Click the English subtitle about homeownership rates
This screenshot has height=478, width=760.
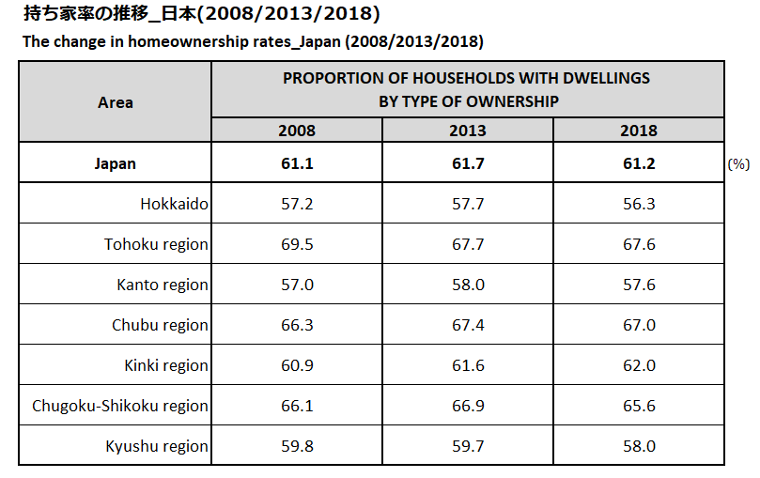coord(253,42)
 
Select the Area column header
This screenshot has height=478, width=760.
coord(116,102)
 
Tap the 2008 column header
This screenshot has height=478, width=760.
coord(297,131)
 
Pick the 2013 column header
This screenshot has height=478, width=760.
coord(468,131)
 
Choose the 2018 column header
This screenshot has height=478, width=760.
coord(639,131)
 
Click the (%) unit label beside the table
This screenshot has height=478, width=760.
coord(738,164)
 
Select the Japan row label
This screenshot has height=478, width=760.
coord(116,163)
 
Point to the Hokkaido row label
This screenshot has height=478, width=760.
coord(174,204)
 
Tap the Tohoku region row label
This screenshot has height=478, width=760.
coord(156,244)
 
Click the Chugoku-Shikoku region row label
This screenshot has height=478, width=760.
coord(120,406)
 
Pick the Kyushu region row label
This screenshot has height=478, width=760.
coord(157,446)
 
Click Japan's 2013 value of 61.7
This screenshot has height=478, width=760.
coord(468,163)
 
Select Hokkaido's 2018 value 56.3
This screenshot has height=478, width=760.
coord(639,204)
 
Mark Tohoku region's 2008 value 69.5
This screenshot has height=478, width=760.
coord(297,244)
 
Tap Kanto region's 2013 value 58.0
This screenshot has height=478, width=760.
coord(468,285)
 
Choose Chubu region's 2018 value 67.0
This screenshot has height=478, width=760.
coord(639,325)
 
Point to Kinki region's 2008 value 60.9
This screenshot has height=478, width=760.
coord(297,365)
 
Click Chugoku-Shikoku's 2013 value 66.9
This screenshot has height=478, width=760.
coord(468,406)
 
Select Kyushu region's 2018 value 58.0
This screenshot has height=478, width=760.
coord(639,446)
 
